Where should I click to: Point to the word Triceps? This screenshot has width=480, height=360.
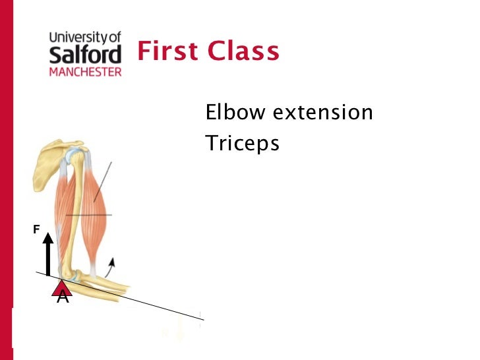[242, 143]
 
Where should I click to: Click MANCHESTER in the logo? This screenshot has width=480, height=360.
[86, 71]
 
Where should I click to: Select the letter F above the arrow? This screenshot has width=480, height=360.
[37, 229]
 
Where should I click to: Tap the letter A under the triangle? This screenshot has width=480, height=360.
[63, 298]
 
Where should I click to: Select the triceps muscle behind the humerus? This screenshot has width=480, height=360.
[63, 204]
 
